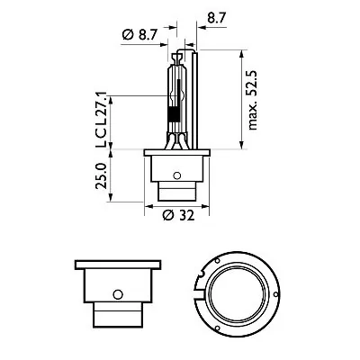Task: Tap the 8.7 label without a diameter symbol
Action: (x=216, y=16)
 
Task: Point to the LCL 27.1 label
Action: (x=100, y=118)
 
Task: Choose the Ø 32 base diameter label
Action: (x=182, y=215)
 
